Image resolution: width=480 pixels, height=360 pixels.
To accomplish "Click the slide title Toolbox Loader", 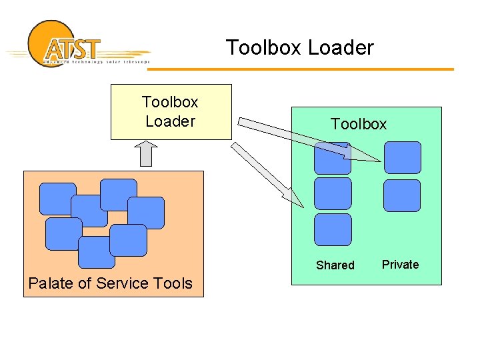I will (x=299, y=48).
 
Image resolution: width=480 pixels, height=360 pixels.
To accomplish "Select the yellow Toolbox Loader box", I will (x=171, y=111).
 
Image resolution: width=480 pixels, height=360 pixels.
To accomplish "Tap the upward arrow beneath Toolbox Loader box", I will (x=147, y=153).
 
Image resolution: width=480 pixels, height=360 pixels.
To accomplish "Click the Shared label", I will (x=335, y=265).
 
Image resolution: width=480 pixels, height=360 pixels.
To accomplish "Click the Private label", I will (x=400, y=265).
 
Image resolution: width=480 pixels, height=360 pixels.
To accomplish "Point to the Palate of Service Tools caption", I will (x=110, y=283).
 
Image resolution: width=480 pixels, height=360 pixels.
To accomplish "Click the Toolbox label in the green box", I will (x=359, y=124).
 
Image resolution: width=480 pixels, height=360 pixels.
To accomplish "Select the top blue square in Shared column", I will (x=332, y=159).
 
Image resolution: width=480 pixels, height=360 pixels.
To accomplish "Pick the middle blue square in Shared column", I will (x=332, y=193).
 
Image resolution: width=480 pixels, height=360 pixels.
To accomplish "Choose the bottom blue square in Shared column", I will (x=332, y=229).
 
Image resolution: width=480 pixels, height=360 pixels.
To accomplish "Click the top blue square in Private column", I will (x=402, y=157).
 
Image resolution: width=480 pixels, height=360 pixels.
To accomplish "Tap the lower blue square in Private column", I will (x=402, y=195).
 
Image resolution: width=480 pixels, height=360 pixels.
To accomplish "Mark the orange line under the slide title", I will (x=373, y=69).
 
